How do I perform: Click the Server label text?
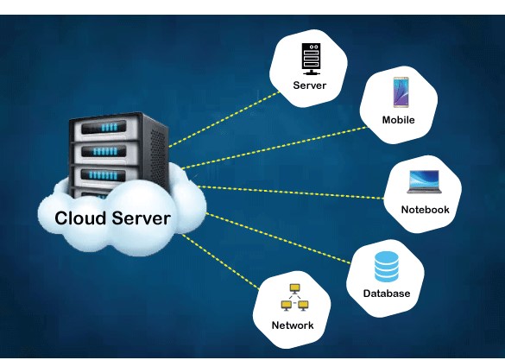click(309, 85)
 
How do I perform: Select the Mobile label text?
click(398, 120)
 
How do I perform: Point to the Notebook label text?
click(425, 210)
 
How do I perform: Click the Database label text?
click(386, 294)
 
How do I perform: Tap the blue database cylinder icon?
click(386, 266)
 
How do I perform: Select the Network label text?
click(293, 325)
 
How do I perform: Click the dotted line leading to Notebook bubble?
click(294, 191)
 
